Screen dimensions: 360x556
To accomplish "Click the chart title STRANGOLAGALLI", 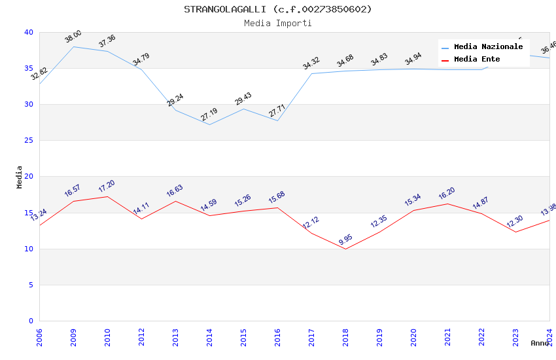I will [277, 9].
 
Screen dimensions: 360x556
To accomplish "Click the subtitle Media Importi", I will [277, 23].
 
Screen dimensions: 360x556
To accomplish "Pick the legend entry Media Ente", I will [477, 59].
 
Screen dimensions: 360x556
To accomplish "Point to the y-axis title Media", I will [20, 177].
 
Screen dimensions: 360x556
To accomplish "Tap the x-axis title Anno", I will [540, 343].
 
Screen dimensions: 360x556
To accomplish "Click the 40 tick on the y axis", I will [28, 32].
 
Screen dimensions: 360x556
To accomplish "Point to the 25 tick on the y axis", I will [28, 141].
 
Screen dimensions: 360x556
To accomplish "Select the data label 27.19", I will [209, 115].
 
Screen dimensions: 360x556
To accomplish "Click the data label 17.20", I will [107, 186].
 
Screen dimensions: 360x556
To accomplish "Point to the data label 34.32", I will [311, 63].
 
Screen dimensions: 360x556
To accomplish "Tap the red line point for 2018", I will [345, 249].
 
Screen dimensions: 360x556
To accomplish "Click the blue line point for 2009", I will [73, 46].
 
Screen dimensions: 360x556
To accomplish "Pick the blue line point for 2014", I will [209, 124].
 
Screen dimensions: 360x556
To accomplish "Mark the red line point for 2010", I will [107, 196].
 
